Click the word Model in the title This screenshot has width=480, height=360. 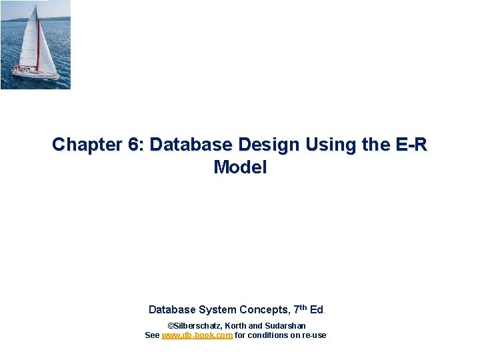[240, 167]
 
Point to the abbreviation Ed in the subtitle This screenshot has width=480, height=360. [316, 309]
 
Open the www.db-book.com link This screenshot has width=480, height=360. [197, 335]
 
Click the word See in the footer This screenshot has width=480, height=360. [152, 335]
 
